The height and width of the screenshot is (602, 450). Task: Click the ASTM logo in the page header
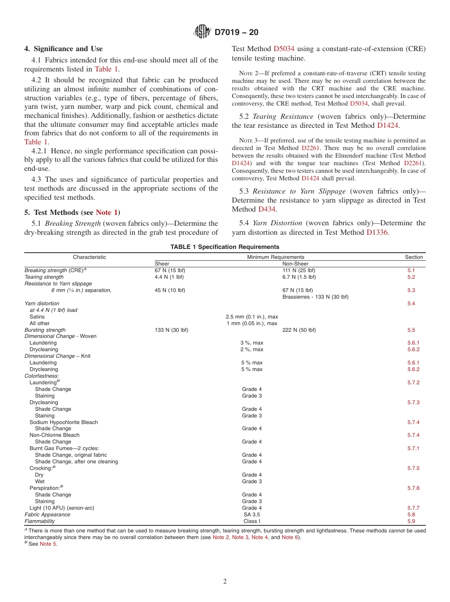point(202,32)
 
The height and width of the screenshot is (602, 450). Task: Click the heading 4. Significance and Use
point(63,49)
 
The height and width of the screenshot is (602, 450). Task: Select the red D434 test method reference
point(267,209)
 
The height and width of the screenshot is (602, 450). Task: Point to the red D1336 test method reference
point(377,232)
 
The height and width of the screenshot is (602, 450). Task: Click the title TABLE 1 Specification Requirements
point(225,247)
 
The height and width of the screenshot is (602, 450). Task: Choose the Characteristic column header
point(90,257)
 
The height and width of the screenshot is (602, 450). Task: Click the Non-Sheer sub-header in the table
point(295,264)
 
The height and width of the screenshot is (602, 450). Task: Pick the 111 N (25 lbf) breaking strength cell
point(298,270)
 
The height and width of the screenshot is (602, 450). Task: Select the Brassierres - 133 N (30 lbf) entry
point(315,297)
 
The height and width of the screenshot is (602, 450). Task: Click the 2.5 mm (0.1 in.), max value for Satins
point(252,317)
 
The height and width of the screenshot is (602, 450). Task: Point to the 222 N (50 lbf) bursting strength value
point(299,330)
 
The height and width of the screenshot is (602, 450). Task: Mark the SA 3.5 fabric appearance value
point(252,514)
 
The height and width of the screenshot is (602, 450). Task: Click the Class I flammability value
point(252,521)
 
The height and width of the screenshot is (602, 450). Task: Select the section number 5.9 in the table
point(411,521)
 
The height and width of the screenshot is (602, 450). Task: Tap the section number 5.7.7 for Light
point(413,508)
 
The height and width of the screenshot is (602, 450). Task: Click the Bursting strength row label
point(45,330)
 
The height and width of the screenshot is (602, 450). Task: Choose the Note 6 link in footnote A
point(290,537)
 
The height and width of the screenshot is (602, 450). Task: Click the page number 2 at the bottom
point(225,582)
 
